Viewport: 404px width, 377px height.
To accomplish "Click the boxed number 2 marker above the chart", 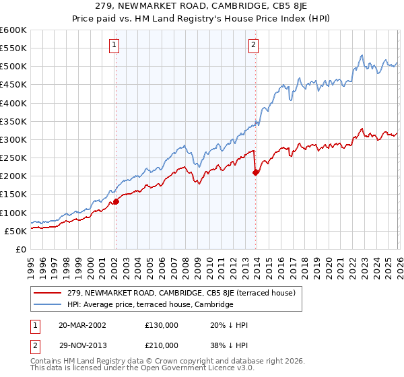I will pyautogui.click(x=253, y=45).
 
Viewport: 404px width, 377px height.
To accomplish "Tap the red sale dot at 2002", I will pyautogui.click(x=116, y=201).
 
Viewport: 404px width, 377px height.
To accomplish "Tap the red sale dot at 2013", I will pyautogui.click(x=256, y=172).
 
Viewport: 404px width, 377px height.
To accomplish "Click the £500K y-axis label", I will pyautogui.click(x=13, y=67).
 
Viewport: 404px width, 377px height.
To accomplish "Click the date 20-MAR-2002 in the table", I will pyautogui.click(x=82, y=324).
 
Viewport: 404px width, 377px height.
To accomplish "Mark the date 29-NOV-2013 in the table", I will pyautogui.click(x=82, y=345).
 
